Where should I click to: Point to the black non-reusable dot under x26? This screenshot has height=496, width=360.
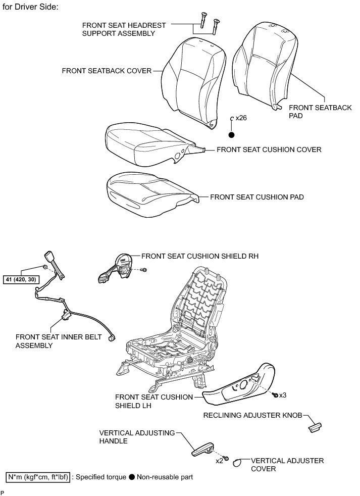click(x=232, y=135)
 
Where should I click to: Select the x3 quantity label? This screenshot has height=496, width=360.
click(x=283, y=394)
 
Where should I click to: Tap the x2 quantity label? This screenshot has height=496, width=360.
click(x=219, y=461)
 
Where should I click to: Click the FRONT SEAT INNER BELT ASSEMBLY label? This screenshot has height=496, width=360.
click(x=59, y=341)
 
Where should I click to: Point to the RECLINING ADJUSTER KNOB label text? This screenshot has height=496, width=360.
click(x=252, y=416)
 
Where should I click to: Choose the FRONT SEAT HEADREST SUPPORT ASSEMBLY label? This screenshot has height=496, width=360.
click(x=118, y=29)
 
